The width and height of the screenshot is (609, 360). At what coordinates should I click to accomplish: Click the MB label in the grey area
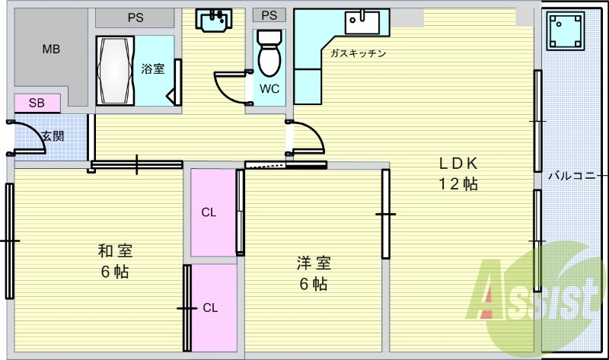point(51,49)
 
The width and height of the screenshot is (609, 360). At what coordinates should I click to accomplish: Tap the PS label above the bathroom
point(136,16)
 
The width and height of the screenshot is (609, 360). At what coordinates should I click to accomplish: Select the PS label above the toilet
point(269,15)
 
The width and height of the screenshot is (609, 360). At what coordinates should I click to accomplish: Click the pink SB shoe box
point(36,103)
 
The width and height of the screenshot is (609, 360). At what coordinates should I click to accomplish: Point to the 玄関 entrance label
point(53,136)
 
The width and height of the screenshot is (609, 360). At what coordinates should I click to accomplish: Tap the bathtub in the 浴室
point(115,71)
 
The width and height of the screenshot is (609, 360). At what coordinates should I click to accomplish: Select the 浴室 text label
point(153,69)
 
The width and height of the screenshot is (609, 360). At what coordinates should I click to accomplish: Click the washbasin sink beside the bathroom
point(215,21)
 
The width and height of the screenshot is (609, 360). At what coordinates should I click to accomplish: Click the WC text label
point(269,88)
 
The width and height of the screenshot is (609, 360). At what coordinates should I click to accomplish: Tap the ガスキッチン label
point(358,53)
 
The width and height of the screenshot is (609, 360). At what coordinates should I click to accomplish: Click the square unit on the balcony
point(567,32)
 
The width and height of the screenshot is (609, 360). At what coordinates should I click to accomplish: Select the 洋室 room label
point(313,263)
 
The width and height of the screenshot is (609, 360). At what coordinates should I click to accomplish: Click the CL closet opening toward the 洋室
point(213,212)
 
